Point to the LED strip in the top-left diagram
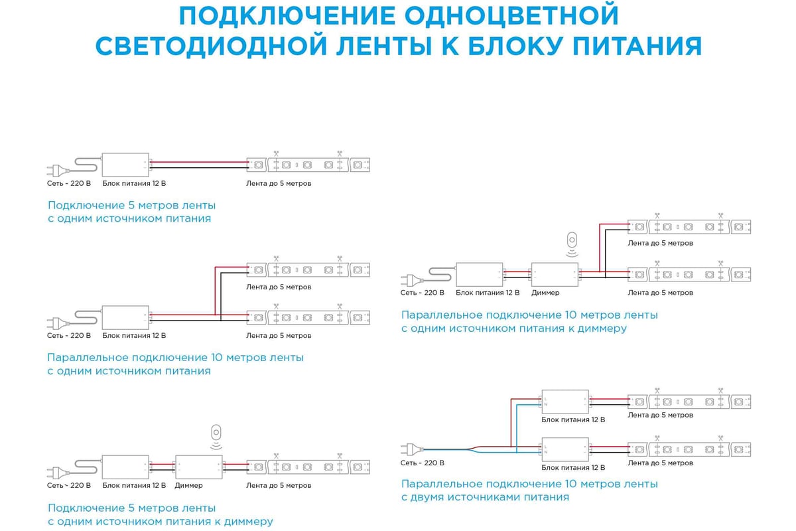click(308, 164)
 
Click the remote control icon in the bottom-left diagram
click(215, 433)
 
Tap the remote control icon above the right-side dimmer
click(572, 240)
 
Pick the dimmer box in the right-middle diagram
click(555, 273)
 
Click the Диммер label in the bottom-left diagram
click(189, 485)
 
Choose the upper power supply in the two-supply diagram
click(565, 400)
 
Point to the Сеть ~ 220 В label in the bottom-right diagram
click(422, 463)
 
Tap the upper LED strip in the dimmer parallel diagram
click(689, 226)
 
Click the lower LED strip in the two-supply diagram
click(689, 449)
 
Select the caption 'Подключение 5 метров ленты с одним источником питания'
click(131, 212)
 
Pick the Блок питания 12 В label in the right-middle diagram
click(488, 293)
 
